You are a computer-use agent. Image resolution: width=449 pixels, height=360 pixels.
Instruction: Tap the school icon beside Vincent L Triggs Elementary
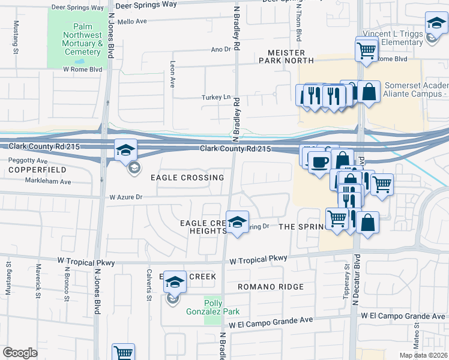click(x=436, y=25)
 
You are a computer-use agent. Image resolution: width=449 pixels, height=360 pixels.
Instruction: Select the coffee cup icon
click(x=318, y=161)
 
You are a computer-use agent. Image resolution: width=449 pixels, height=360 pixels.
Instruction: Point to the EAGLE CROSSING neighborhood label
click(x=187, y=178)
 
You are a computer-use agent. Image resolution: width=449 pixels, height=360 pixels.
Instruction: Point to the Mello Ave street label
click(x=132, y=21)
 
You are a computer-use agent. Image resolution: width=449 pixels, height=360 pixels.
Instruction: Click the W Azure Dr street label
click(x=125, y=197)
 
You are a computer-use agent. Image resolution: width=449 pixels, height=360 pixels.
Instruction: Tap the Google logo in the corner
click(x=20, y=353)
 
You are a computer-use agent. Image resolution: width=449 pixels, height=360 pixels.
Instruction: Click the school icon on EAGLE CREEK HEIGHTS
click(x=237, y=223)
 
